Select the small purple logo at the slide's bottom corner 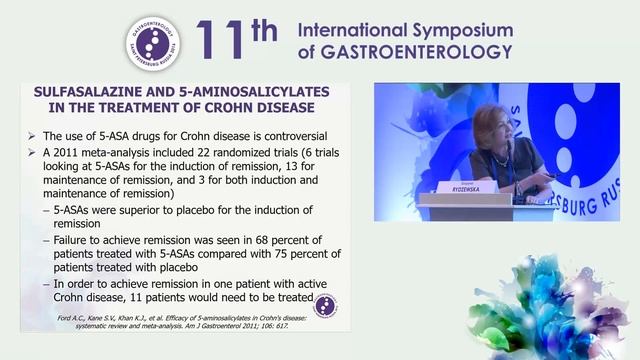(325, 305)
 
